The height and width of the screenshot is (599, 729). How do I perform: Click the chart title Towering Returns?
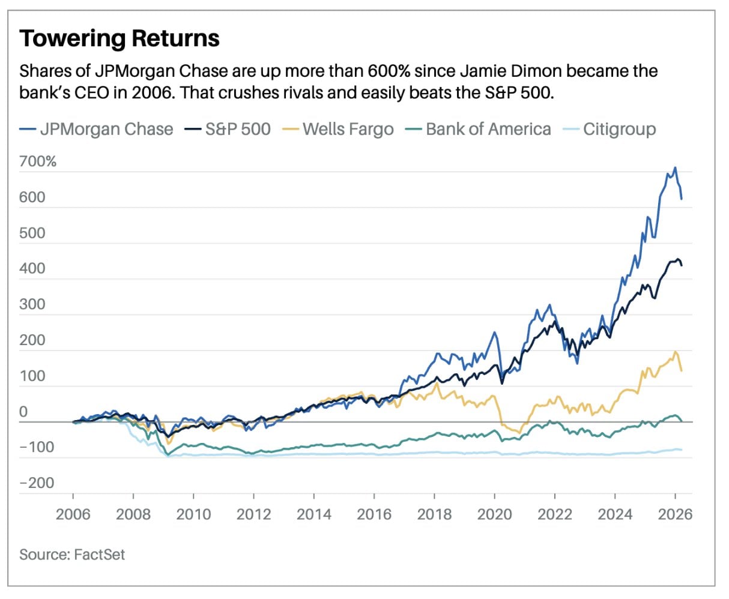point(119,38)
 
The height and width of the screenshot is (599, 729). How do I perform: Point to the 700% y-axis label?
point(38,161)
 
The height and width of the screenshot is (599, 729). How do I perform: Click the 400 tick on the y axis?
point(32,268)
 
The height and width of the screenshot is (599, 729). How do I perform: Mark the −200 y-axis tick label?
point(37,483)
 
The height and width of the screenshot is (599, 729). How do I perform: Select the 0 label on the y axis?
point(23,412)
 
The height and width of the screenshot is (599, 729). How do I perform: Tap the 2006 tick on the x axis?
point(73,514)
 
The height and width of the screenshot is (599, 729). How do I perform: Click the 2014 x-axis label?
point(313,514)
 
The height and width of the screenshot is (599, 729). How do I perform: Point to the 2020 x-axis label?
point(494,514)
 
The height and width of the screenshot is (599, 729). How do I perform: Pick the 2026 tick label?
point(675,514)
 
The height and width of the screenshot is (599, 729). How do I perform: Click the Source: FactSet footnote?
point(72,554)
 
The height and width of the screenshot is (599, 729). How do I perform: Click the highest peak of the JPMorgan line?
point(675,167)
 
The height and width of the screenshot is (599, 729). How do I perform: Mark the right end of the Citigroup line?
point(682,450)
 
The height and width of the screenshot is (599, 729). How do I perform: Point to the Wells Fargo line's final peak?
point(676,352)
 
